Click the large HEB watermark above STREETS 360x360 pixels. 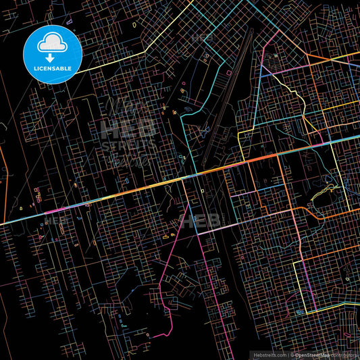pyautogui.click(x=128, y=128)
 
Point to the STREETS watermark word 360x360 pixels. pyautogui.click(x=129, y=145)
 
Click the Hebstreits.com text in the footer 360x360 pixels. pyautogui.click(x=269, y=354)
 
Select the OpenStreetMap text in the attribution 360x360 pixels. pyautogui.click(x=311, y=354)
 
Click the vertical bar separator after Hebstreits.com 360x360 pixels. pyautogui.click(x=287, y=354)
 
